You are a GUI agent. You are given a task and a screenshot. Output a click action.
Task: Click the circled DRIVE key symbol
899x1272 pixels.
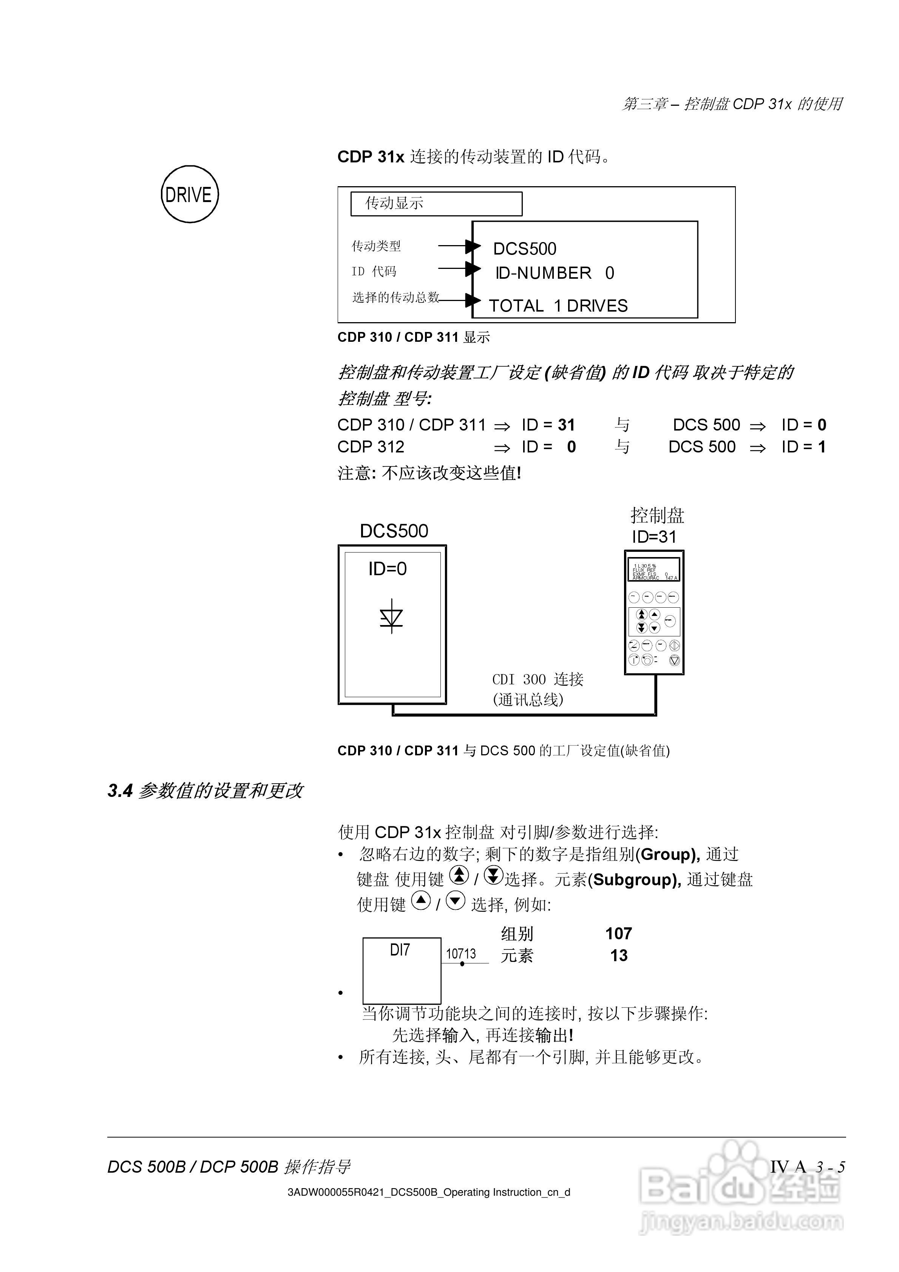pos(190,195)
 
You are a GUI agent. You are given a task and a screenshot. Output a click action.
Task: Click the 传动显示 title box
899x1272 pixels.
pos(436,204)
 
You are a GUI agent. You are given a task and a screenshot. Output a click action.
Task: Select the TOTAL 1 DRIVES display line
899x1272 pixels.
pos(558,306)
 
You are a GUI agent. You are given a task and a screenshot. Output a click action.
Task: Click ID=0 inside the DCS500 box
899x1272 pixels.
pos(388,568)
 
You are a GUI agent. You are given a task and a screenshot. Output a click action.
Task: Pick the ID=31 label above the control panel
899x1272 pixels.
pos(654,537)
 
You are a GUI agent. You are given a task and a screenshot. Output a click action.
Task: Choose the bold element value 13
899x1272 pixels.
pos(619,956)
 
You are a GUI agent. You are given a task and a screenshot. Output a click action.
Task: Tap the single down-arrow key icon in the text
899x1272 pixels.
pos(456,901)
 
